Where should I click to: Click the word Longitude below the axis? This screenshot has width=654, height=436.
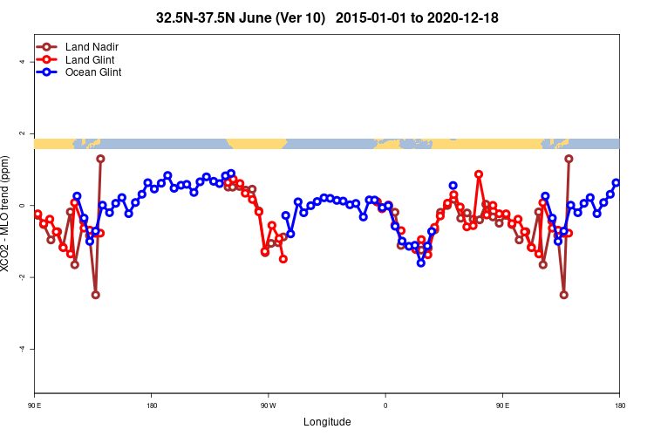327,422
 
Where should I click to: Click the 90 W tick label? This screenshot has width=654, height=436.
268,405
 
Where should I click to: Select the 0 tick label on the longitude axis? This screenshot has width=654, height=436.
385,405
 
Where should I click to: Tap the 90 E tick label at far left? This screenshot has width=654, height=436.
35,405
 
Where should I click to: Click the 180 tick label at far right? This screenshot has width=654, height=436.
619,405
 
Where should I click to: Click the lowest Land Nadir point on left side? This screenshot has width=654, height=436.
95,295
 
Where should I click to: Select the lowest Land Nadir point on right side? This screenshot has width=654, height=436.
563,295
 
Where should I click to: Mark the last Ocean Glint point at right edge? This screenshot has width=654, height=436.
617,183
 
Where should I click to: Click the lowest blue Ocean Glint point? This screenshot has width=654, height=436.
420,262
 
